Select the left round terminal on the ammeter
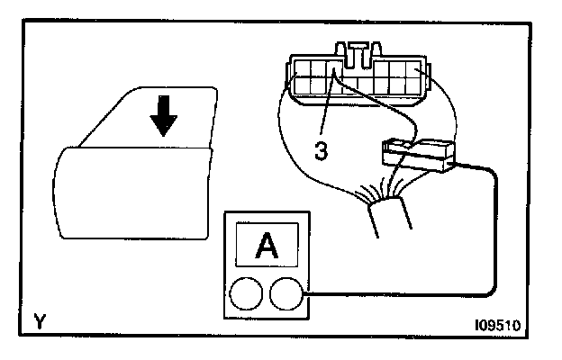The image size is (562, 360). point(246,294)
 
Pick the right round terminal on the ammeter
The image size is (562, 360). point(286,294)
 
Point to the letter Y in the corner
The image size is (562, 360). point(39,319)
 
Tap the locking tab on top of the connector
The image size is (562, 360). point(359,50)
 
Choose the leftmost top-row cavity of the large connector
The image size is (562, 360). point(298,69)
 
